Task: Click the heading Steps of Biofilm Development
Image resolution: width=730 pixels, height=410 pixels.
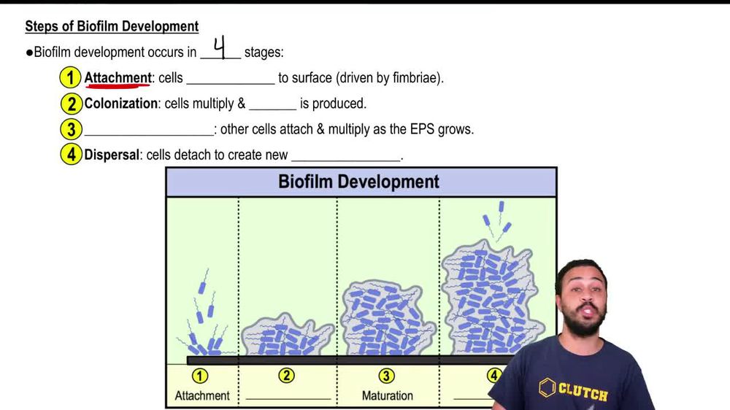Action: click(112, 26)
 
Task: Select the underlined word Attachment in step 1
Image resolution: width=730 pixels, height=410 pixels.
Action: click(118, 77)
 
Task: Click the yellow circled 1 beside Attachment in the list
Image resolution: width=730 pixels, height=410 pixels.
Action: click(70, 77)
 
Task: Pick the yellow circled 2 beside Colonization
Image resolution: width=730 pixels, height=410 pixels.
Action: click(70, 104)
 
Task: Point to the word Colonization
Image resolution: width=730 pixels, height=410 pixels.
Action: click(120, 104)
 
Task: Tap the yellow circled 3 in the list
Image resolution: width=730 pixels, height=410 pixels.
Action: click(70, 130)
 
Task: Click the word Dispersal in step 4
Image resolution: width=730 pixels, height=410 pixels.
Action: click(112, 155)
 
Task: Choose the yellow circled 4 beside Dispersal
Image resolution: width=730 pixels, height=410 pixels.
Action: click(70, 155)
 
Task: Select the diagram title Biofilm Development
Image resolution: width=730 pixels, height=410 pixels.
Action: click(358, 182)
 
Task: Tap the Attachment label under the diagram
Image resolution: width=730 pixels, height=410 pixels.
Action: click(202, 396)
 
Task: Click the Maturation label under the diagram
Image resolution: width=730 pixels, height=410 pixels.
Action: click(388, 396)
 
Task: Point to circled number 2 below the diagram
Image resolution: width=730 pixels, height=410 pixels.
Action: click(287, 376)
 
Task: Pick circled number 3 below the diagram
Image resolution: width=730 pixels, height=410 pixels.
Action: click(386, 376)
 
